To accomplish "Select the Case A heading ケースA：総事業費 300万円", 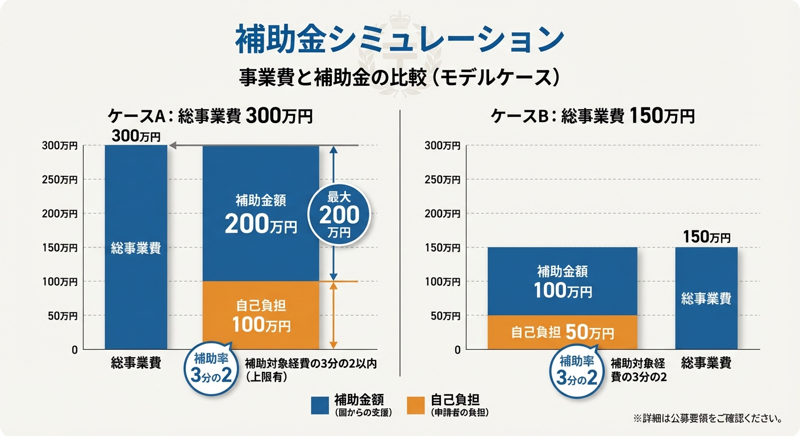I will click(210, 116).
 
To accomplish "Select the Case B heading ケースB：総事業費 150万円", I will click(593, 116).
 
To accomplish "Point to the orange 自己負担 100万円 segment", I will click(261, 315).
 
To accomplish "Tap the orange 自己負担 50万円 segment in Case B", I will click(562, 332).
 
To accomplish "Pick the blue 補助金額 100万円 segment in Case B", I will click(562, 281).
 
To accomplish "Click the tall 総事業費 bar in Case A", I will click(136, 248).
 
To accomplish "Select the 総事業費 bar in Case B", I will click(706, 298).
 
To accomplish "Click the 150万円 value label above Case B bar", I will click(706, 237).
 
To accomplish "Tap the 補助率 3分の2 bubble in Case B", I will click(577, 370).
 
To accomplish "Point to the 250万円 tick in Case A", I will click(60, 179).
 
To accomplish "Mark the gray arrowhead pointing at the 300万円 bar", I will click(173, 146).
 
